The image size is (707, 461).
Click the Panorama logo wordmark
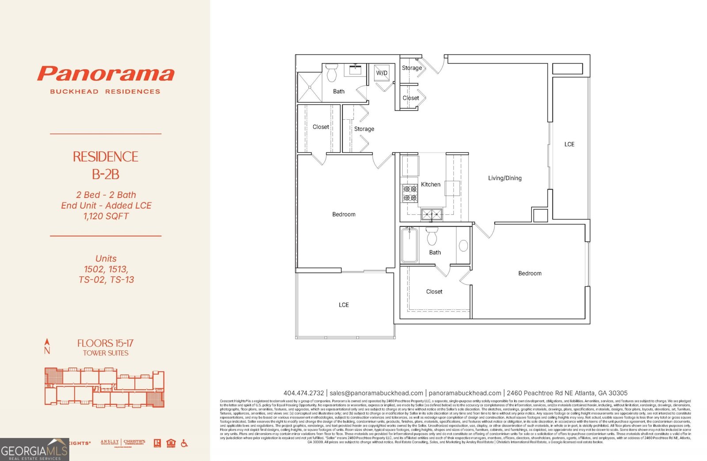(106, 74)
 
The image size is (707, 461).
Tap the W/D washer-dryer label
(382, 73)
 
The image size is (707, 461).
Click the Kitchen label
(430, 184)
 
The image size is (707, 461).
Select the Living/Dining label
(505, 178)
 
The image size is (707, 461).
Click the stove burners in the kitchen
(410, 194)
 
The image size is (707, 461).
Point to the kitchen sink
(432, 215)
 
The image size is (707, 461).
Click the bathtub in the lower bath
(409, 245)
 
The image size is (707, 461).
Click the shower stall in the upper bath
(309, 87)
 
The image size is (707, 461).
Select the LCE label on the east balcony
(569, 144)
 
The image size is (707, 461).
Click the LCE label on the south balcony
(344, 305)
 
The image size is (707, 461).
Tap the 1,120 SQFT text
(106, 216)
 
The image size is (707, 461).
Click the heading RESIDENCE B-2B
(106, 165)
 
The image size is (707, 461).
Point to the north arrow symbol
(47, 346)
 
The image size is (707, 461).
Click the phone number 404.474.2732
(304, 393)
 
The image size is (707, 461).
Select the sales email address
(376, 393)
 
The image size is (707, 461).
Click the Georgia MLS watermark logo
(34, 450)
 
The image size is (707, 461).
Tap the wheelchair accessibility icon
(184, 443)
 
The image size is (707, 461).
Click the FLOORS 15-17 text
(105, 343)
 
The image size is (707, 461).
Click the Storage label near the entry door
(411, 68)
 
